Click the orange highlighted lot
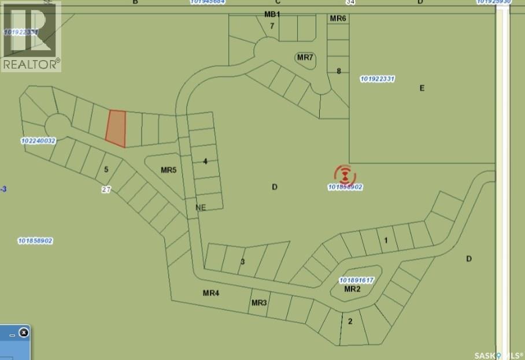tap(116, 128)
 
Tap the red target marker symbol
tap(345, 174)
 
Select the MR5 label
tap(168, 170)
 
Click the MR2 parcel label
tap(352, 289)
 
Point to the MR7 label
tap(305, 57)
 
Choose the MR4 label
tap(210, 293)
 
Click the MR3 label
tap(258, 303)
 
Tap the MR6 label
tap(338, 18)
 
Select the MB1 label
tap(272, 14)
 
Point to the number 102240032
tap(38, 140)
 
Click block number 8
tap(339, 72)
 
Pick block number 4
tap(205, 161)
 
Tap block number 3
tap(243, 262)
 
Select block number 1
tap(386, 240)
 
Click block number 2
tap(350, 321)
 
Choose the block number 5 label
tap(106, 169)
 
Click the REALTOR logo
tap(31, 36)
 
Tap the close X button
tap(24, 333)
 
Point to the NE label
tap(201, 207)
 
